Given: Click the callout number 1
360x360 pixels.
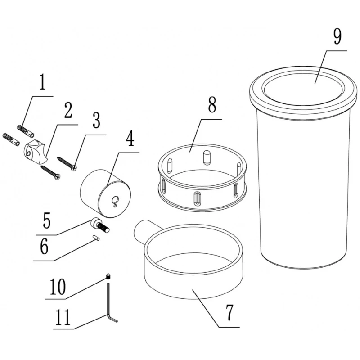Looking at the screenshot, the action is tap(42, 82).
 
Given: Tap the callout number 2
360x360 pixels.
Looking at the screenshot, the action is tap(68, 110).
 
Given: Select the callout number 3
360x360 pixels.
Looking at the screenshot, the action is tap(96, 121).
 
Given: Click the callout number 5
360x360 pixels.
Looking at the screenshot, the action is tap(46, 220).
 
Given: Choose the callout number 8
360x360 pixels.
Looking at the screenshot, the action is tap(212, 104).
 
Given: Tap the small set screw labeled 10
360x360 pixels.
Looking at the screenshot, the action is tap(108, 276).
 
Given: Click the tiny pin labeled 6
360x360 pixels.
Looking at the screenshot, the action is tap(96, 238).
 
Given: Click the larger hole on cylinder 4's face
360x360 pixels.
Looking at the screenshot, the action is tap(115, 199).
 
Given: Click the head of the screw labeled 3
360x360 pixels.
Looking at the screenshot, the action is tap(74, 168).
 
